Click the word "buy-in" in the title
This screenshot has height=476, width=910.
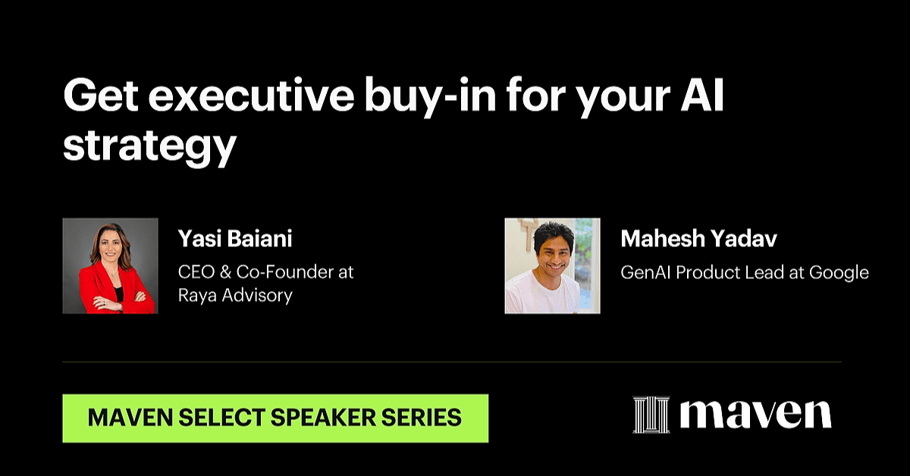coord(430,98)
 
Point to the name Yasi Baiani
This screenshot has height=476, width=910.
coord(235,239)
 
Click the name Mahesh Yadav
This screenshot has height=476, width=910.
coord(698,239)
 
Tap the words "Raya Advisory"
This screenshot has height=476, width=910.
coord(235,296)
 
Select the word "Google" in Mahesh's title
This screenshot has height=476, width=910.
coord(839,273)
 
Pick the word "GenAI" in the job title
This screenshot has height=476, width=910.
coord(645,272)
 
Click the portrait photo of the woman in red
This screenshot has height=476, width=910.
coord(110,266)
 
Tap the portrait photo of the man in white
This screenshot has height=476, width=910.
coord(553,266)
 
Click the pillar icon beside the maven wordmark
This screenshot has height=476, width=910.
coord(651,415)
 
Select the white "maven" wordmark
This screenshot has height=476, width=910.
coord(755,415)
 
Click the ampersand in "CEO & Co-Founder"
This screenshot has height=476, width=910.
coord(225,272)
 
